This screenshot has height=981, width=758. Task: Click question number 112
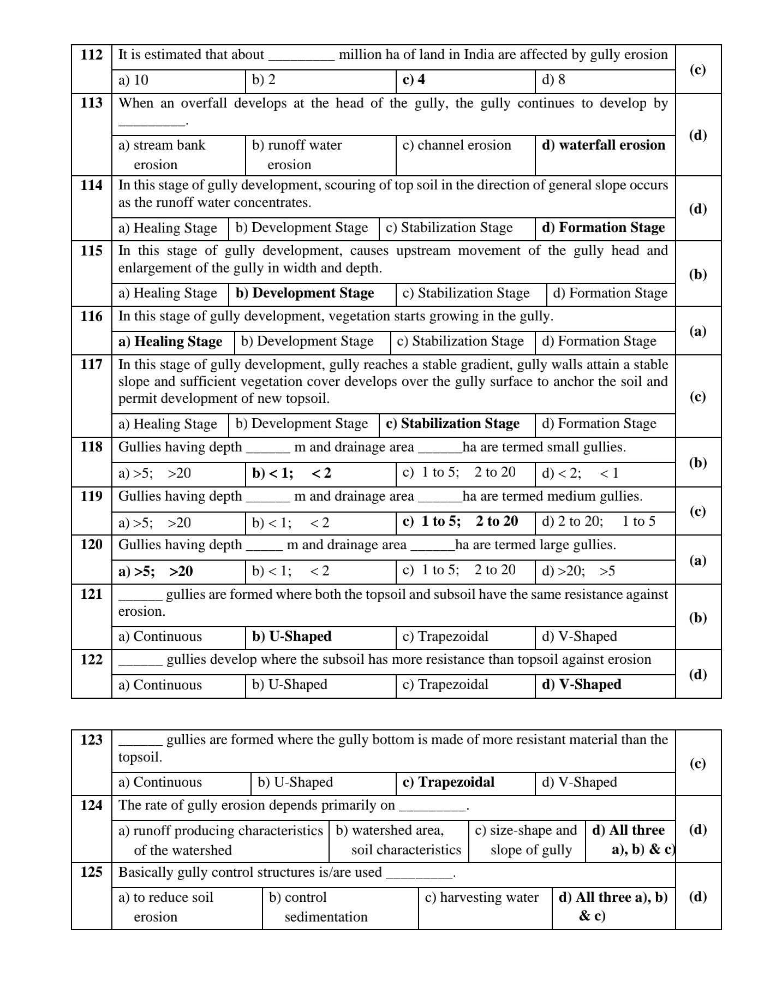point(91,55)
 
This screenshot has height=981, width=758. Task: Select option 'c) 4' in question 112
point(414,80)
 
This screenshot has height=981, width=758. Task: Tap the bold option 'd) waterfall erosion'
point(603,145)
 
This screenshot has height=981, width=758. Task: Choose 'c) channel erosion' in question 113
point(456,145)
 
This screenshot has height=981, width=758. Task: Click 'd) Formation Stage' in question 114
point(603,228)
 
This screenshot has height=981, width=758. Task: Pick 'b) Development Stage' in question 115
point(305,293)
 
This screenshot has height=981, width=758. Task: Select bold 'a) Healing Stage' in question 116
point(170,342)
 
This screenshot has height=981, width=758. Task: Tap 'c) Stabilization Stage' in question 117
point(452,424)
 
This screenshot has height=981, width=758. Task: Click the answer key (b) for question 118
point(697,463)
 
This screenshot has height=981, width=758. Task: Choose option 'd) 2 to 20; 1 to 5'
point(598,521)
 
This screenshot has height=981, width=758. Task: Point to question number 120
point(91,545)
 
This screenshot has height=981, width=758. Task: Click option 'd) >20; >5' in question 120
point(578,571)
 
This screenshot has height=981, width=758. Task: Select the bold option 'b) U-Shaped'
point(291,637)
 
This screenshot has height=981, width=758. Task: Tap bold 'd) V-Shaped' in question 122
point(581,685)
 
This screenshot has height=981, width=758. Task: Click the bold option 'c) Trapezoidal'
point(448,782)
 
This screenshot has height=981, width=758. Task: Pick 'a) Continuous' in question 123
point(160,782)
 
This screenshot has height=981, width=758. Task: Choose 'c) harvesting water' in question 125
point(481,897)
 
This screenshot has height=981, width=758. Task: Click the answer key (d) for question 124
point(697,830)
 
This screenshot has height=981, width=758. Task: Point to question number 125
point(91,872)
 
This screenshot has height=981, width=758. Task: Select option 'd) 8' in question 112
point(553,80)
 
